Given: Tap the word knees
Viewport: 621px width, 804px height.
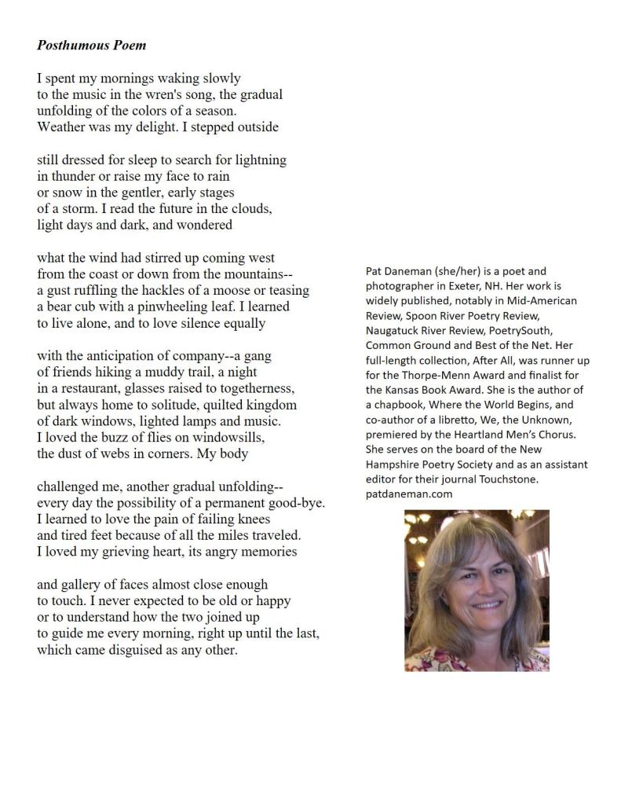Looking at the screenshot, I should (254, 519).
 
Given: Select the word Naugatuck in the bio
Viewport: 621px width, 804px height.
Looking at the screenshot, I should (393, 331).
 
